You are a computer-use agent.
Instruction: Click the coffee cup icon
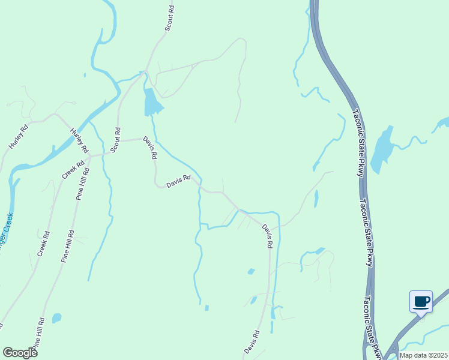coord(421,301)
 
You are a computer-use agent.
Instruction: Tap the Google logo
coord(20,353)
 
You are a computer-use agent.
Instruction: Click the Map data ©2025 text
coord(423,355)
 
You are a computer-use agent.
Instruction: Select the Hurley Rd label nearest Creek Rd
coord(79,140)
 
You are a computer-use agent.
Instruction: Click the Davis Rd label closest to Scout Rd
coord(150,147)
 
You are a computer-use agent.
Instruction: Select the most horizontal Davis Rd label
coord(178,181)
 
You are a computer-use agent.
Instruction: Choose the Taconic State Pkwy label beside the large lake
coord(358,143)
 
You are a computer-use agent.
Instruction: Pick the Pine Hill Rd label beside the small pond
coord(38,334)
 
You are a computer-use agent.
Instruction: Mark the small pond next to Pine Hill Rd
coord(56,317)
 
